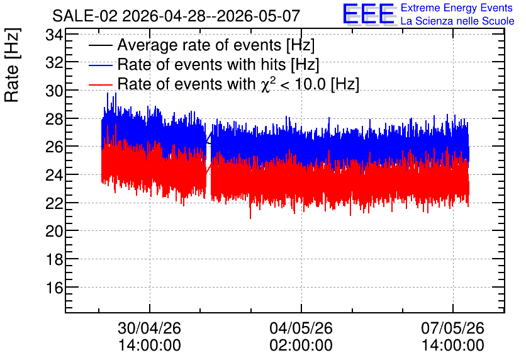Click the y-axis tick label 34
point(54,35)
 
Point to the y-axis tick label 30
point(54,91)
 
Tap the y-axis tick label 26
point(54,147)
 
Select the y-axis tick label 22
point(54,203)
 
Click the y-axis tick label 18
point(54,259)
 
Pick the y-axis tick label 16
point(54,288)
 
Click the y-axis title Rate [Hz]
point(12,65)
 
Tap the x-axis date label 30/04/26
point(150,328)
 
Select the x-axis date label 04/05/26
point(301,328)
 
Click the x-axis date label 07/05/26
point(453,328)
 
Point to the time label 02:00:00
point(301,346)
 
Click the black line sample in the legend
point(101,46)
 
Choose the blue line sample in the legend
point(101,65)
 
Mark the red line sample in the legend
point(101,84)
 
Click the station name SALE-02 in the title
point(85,16)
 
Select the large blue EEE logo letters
point(369,14)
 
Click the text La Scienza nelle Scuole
point(457,21)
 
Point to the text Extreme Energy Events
point(457,8)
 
